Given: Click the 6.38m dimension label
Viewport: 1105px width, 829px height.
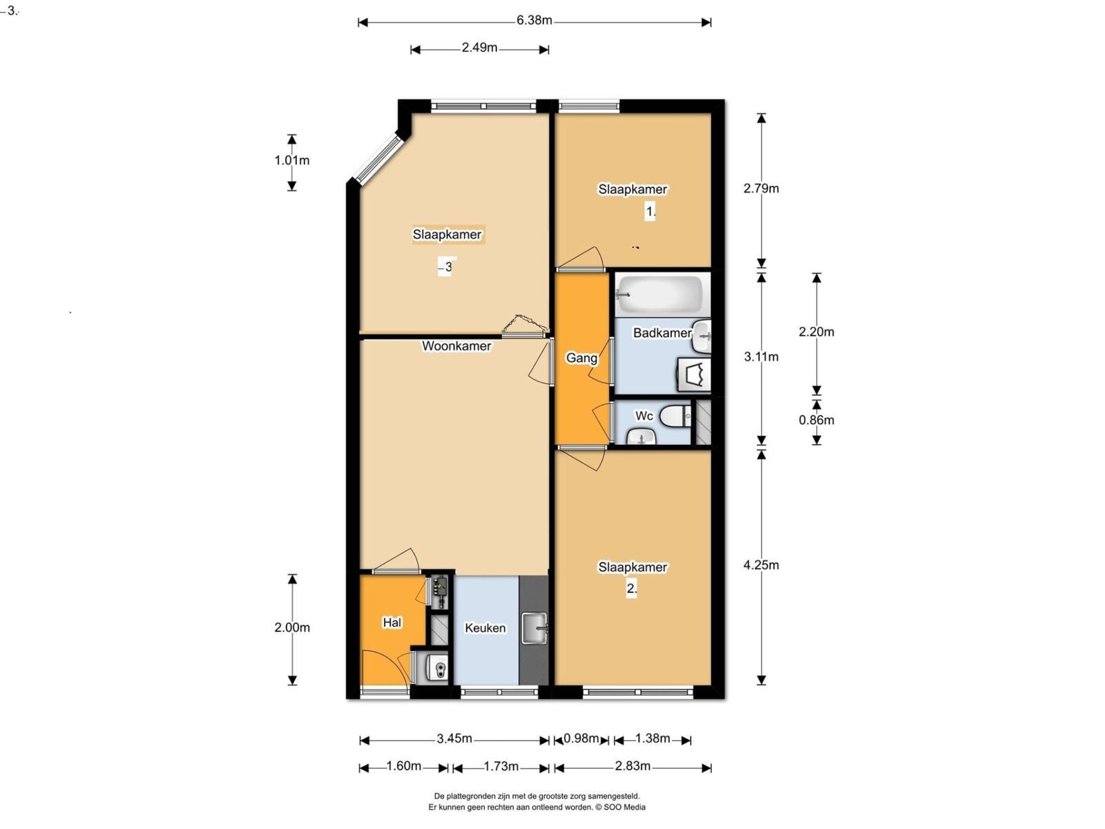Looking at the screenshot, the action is click(534, 21).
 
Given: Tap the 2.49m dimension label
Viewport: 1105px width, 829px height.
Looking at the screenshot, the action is click(479, 48).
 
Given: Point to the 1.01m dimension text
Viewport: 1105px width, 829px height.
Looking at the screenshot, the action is click(292, 160).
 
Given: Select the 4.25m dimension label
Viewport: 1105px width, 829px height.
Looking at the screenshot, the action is click(761, 565).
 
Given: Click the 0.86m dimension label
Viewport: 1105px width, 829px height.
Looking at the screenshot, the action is click(816, 420).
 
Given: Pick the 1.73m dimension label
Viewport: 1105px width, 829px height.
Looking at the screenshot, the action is click(501, 767).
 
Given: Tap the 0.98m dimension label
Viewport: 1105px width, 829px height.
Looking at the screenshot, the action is click(581, 739).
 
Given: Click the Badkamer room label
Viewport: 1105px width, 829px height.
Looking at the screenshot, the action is click(662, 333).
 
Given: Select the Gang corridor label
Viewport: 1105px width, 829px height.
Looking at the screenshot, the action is click(582, 359).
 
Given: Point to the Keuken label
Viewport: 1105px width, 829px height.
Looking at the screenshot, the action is click(486, 628).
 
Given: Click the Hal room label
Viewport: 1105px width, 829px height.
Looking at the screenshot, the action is click(392, 623).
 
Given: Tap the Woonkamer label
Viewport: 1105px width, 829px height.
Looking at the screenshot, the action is click(457, 346).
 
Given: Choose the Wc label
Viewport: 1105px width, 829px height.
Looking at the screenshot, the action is click(644, 416).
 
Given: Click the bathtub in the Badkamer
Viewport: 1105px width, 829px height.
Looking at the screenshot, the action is click(660, 294).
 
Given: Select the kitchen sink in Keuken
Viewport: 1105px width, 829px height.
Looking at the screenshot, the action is click(535, 628).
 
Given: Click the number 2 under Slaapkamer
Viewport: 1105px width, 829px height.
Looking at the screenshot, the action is click(632, 589).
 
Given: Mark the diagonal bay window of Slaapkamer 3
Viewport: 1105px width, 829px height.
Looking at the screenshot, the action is click(378, 158).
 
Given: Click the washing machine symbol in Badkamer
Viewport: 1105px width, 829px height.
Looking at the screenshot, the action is click(694, 374).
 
